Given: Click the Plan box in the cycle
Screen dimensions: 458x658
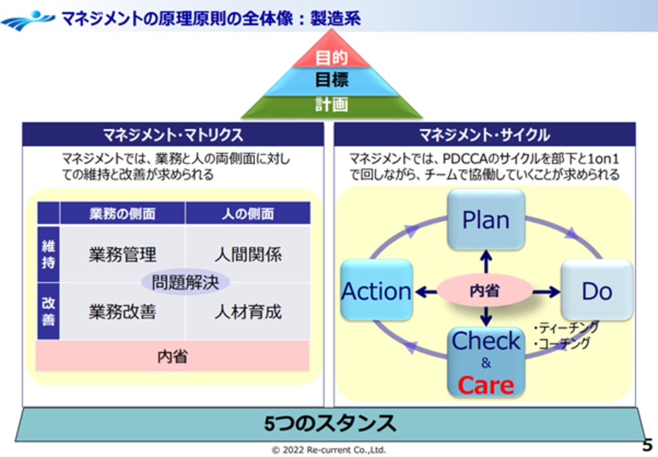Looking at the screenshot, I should pos(486,220).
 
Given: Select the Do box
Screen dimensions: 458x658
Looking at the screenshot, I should pos(597,291).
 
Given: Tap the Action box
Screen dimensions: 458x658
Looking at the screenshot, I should pos(377,291).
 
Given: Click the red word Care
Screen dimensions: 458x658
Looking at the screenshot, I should pos(486,385).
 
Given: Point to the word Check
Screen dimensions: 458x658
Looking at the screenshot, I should pos(486,341).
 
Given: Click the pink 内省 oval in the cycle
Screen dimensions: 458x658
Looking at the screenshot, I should pos(485,291).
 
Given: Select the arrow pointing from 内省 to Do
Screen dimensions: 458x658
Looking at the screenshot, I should pos(546,292).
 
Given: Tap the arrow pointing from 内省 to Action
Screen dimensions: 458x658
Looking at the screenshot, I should pos(426,292).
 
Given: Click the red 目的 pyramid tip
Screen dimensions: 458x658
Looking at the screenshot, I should pos(332,58).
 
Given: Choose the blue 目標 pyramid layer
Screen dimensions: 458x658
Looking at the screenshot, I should pos(332,81).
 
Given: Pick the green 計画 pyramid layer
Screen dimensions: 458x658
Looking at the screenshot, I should pos(332,105).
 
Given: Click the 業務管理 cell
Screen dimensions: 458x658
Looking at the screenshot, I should pos(122,254).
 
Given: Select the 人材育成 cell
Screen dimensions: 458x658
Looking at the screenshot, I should pos(248,313).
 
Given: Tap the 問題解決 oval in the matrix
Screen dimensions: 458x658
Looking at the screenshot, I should pos(185,283).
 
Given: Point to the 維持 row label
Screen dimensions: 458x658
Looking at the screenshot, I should pos(48,254).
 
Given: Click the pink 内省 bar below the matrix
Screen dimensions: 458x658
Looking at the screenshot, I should pos(172,357).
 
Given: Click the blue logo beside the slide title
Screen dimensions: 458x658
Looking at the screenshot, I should pos(27,19).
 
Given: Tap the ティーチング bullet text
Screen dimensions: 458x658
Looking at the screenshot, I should pos(566,328).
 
